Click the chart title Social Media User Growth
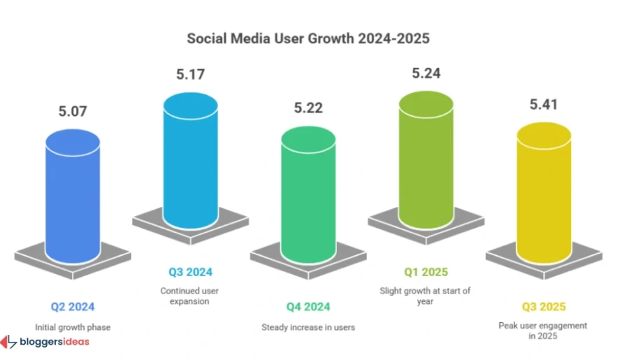308,38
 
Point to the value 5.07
73,110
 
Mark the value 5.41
543,107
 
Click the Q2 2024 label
73,306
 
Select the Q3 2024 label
190,271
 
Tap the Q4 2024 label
308,306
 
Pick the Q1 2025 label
426,271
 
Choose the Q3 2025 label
543,306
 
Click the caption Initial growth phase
73,326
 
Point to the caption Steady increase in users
308,326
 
